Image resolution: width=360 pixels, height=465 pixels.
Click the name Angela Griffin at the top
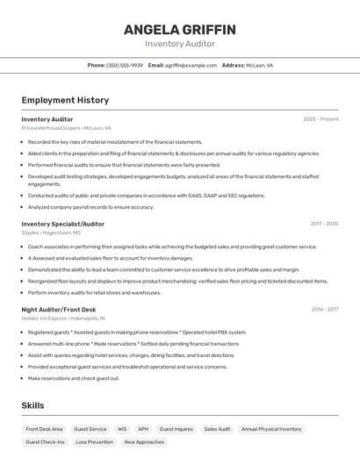coord(179,29)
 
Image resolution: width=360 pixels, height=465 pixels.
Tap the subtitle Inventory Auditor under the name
coord(179,44)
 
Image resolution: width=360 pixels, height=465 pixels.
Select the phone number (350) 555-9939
coord(125,65)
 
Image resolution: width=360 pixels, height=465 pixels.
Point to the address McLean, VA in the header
coord(259,65)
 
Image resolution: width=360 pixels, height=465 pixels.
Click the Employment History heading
coord(65,100)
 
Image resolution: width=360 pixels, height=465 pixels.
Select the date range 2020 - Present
coord(320,119)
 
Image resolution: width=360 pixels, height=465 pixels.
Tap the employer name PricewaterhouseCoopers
coord(51,128)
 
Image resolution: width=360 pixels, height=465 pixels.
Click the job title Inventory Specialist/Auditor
coord(62,224)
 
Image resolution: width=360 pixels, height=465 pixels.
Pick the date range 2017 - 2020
coord(324,224)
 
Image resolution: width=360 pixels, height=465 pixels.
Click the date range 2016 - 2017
coord(325,309)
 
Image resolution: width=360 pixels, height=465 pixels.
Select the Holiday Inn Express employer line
coord(63,318)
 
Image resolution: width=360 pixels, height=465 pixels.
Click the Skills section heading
coord(32,405)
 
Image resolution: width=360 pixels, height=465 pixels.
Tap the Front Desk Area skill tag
coord(44,429)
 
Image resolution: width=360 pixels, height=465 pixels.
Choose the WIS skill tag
coord(122,429)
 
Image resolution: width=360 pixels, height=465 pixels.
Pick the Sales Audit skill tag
coord(217,429)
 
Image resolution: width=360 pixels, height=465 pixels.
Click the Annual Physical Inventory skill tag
coord(271,429)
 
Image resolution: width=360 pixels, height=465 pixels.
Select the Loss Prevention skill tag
coord(94,442)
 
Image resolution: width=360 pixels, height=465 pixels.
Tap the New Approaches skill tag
coord(144,442)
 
